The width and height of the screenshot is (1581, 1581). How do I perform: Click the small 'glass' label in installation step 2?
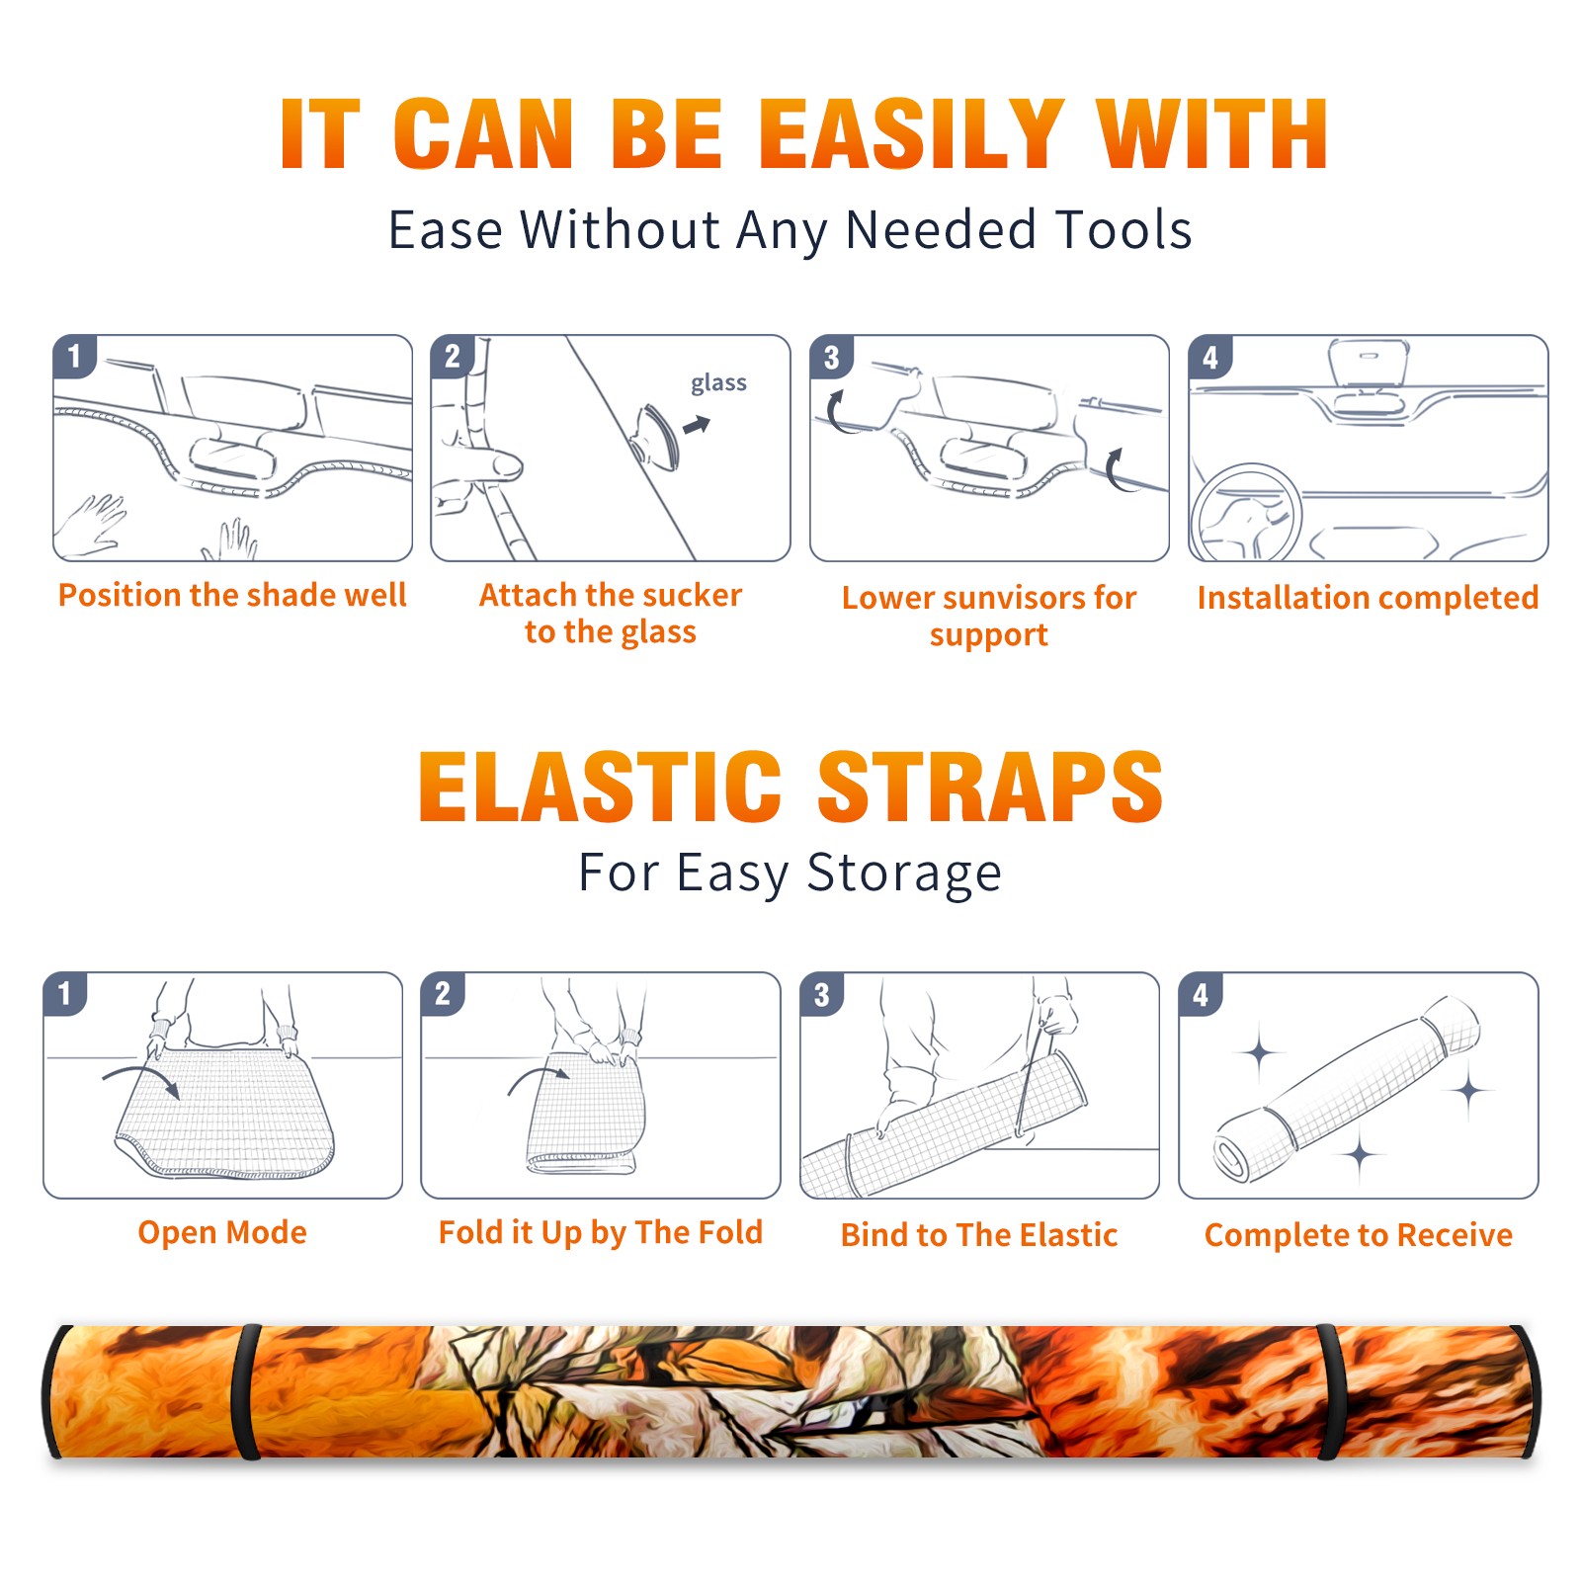(x=718, y=383)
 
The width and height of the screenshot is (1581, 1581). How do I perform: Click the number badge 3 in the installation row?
(x=831, y=357)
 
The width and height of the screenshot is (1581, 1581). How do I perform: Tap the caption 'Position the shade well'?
(x=232, y=595)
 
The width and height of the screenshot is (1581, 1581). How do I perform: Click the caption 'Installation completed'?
(x=1368, y=598)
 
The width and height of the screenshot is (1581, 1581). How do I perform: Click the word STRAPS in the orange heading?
(x=991, y=787)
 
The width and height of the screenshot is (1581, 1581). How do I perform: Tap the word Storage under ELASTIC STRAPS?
(x=904, y=874)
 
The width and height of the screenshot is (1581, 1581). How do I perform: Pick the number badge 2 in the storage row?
(x=443, y=993)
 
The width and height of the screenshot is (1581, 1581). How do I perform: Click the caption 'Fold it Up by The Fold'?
(x=601, y=1232)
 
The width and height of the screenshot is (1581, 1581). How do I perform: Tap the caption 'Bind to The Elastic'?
(x=979, y=1235)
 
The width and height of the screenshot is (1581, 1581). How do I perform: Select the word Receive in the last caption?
(x=1455, y=1235)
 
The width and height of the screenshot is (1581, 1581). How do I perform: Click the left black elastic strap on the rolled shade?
(x=246, y=1392)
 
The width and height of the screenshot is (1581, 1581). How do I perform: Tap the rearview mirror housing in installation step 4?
(x=1369, y=364)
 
